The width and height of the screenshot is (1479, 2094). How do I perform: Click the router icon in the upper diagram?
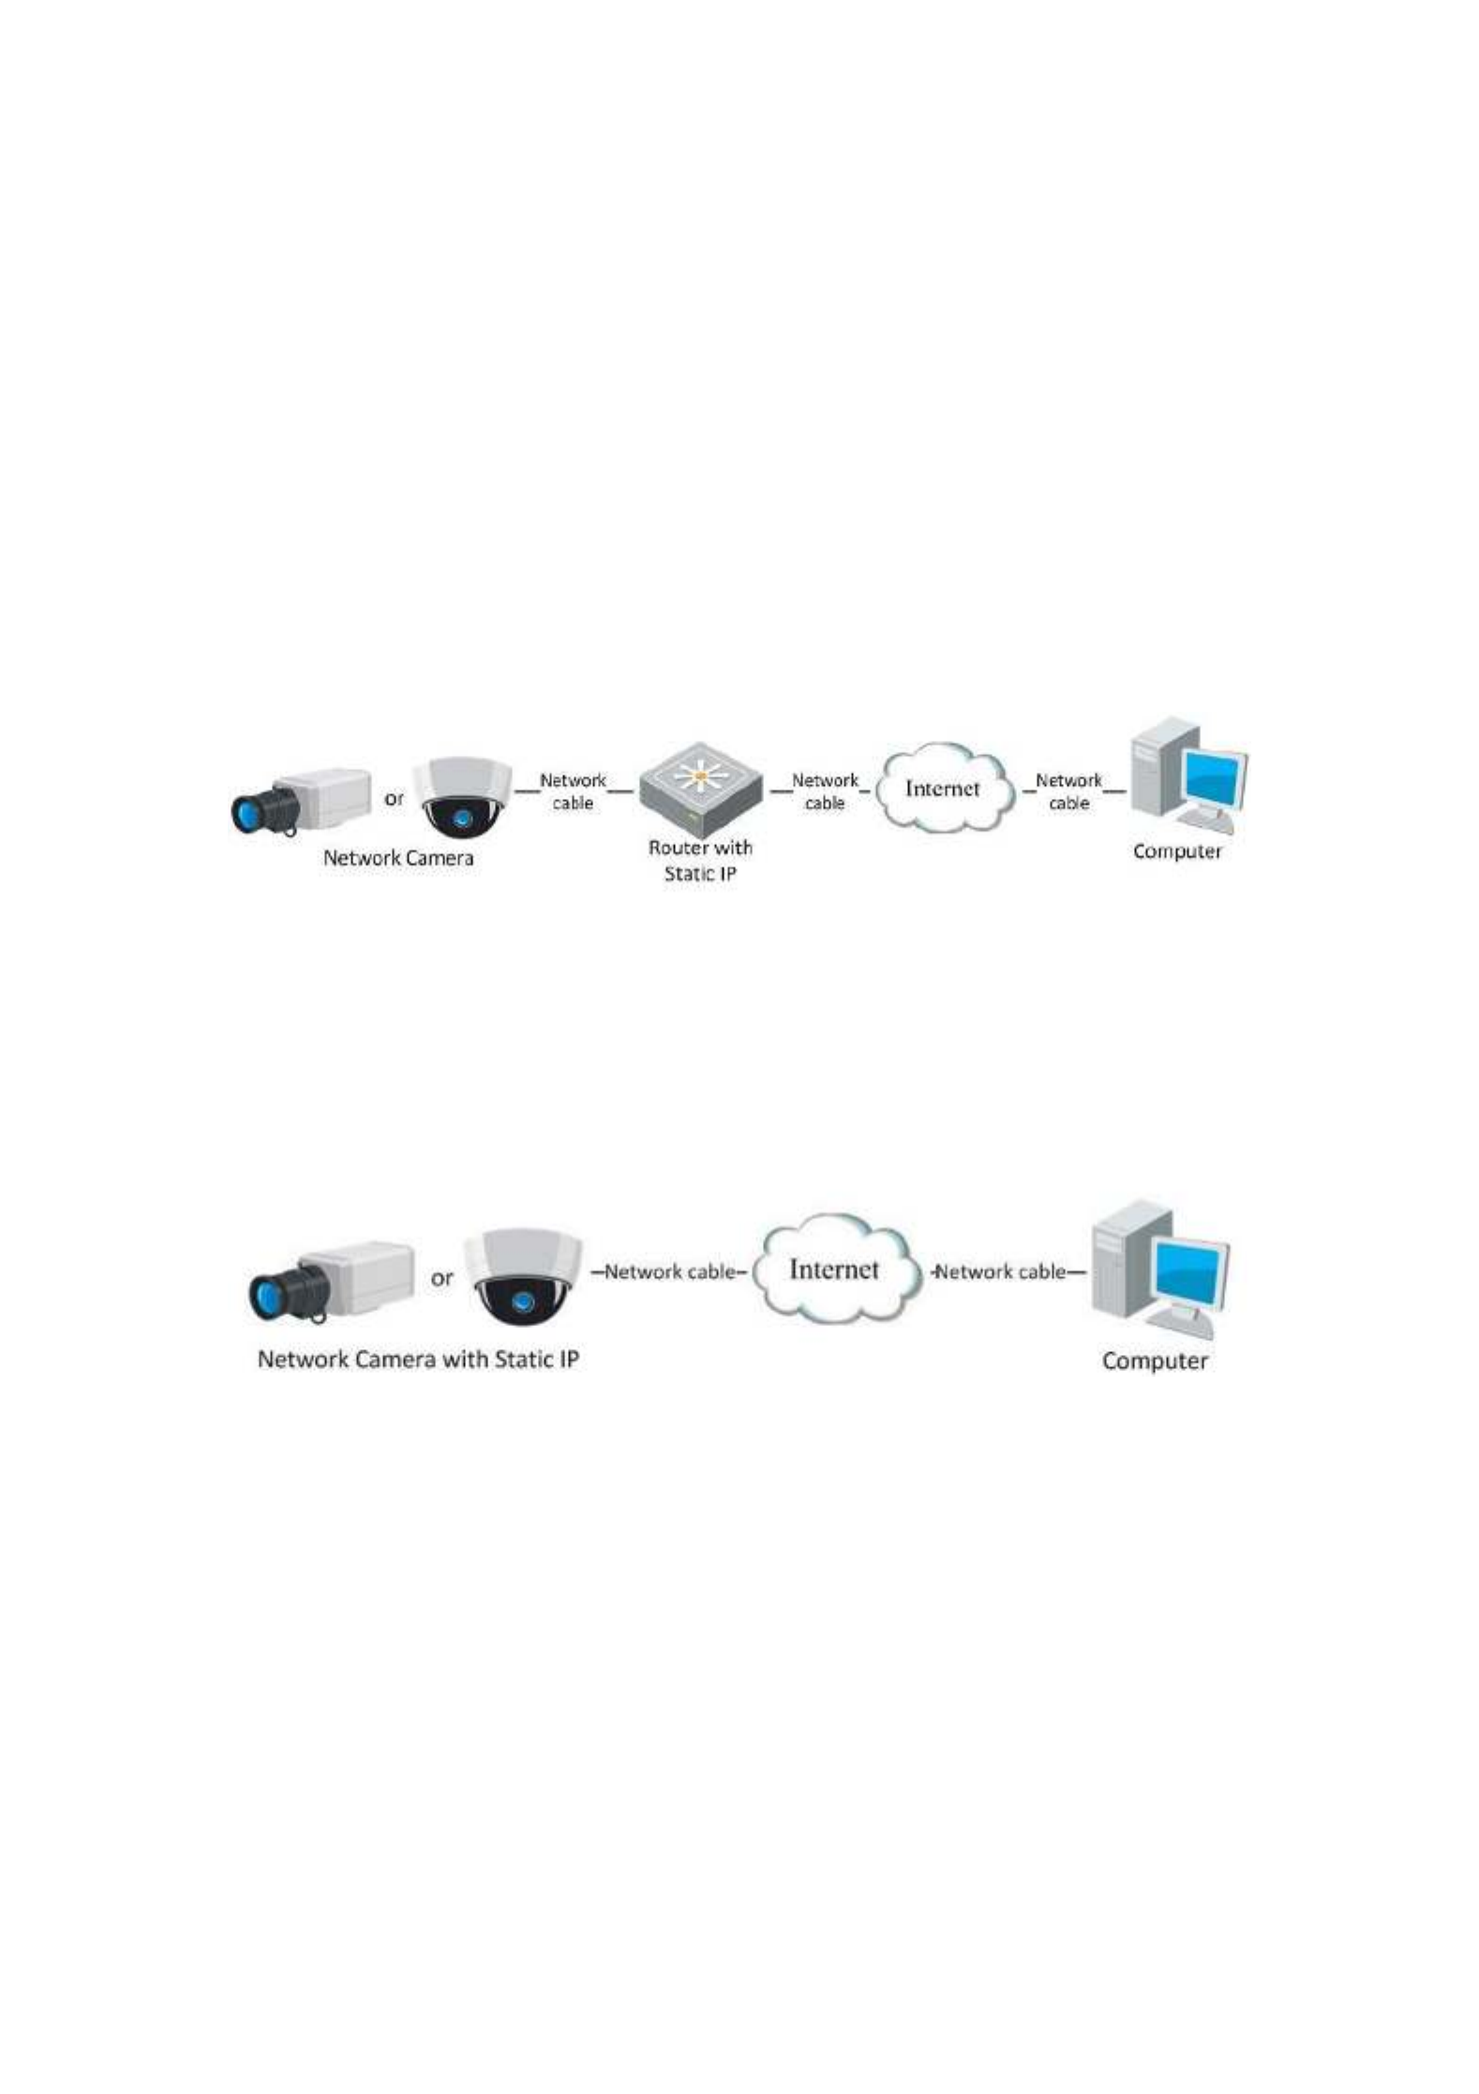pyautogui.click(x=700, y=789)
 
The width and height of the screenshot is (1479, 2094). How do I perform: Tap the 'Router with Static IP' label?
pyautogui.click(x=701, y=861)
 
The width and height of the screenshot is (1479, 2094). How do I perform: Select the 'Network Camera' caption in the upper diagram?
pyautogui.click(x=398, y=858)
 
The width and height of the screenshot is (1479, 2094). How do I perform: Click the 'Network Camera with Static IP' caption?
pyautogui.click(x=418, y=1359)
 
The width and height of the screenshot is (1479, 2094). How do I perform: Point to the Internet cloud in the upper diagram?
pyautogui.click(x=944, y=789)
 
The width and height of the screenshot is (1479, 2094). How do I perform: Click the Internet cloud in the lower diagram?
pyautogui.click(x=834, y=1268)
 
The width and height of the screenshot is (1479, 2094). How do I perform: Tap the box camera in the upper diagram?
pyautogui.click(x=301, y=802)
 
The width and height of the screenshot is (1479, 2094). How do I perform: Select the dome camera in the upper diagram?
pyautogui.click(x=463, y=798)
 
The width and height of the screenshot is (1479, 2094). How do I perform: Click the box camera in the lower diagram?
pyautogui.click(x=331, y=1282)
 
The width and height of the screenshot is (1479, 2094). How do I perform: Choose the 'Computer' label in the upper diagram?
pyautogui.click(x=1177, y=851)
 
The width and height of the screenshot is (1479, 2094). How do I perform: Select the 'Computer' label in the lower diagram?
pyautogui.click(x=1155, y=1361)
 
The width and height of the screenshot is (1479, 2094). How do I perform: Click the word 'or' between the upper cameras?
pyautogui.click(x=395, y=799)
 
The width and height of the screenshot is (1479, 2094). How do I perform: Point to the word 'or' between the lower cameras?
pyautogui.click(x=441, y=1278)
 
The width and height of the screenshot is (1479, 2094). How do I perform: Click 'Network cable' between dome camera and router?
pyautogui.click(x=573, y=791)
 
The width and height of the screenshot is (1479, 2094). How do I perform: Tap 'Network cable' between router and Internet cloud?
pyautogui.click(x=825, y=791)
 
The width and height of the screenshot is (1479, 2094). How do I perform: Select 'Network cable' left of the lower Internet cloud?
pyautogui.click(x=669, y=1272)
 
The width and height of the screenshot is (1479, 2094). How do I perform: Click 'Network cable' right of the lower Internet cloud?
pyautogui.click(x=1001, y=1272)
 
